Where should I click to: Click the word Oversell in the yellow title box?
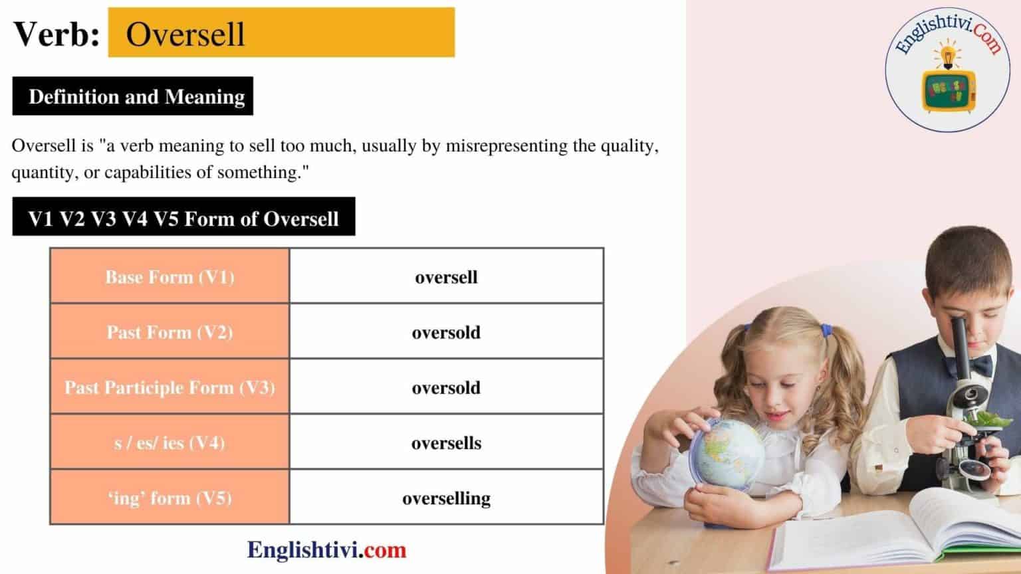pos(185,34)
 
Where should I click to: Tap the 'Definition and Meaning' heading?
pos(136,97)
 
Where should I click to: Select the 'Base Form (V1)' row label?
pos(170,276)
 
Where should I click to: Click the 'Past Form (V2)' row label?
pos(170,332)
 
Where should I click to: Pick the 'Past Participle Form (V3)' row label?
pos(170,387)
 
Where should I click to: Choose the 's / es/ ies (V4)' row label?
pos(170,442)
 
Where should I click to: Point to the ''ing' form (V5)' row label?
pos(170,498)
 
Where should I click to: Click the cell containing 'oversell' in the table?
pos(446,276)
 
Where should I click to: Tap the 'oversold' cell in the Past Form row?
pos(446,332)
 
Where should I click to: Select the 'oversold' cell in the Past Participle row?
pos(446,387)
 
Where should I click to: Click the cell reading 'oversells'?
pos(446,442)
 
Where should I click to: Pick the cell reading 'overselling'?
pos(446,498)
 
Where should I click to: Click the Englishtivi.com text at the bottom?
pos(326,549)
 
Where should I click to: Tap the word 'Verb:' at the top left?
pos(57,34)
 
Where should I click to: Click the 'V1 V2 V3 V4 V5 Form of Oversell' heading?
pos(183,219)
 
